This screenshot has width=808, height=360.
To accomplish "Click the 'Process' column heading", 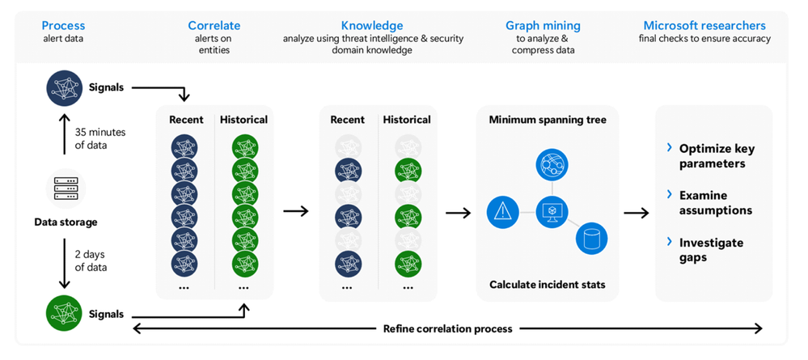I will [x=63, y=25].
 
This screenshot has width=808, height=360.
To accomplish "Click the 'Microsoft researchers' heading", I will [x=706, y=25].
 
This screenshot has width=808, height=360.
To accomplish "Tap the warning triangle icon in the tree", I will [x=502, y=212].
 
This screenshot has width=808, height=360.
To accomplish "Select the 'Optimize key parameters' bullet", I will [x=713, y=156].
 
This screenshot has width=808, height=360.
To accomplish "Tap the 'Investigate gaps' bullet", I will [x=712, y=250].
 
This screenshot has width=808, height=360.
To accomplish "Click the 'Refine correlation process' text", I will [x=447, y=328].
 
